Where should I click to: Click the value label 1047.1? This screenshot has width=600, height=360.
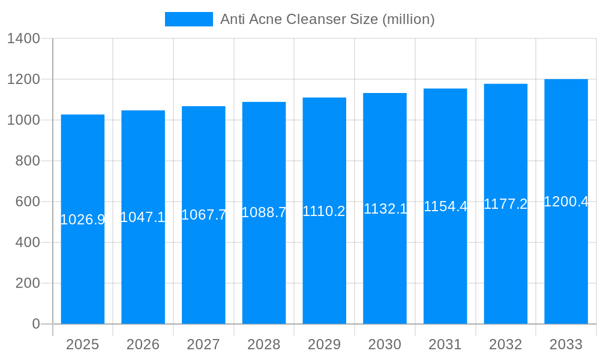[x=143, y=217]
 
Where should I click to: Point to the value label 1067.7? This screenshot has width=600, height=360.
[x=203, y=215]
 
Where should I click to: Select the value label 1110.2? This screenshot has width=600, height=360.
[x=324, y=211]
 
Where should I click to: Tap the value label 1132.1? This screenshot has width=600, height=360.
[x=385, y=209]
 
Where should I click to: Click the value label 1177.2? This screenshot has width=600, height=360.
[x=506, y=204]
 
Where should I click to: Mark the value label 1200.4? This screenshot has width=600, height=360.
[x=566, y=202]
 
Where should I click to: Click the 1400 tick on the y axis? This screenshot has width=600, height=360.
[x=23, y=39]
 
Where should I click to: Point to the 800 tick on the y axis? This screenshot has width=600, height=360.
[x=28, y=161]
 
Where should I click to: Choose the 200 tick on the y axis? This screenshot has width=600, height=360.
[x=28, y=283]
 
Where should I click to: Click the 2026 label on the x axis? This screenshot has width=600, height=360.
[x=143, y=344]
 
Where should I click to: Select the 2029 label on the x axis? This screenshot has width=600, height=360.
[x=324, y=344]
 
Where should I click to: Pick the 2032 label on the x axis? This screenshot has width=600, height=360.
[x=506, y=344]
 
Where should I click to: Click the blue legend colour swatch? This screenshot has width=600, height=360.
[x=189, y=19]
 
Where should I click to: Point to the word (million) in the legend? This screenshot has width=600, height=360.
[x=408, y=19]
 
